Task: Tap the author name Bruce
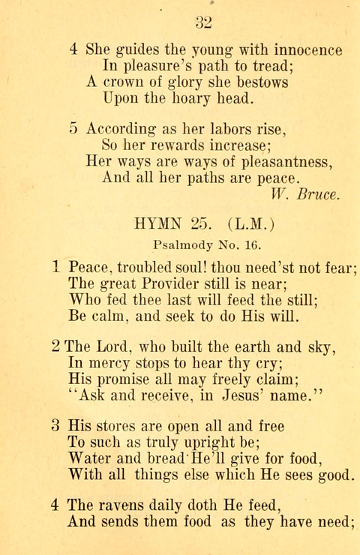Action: (x=319, y=193)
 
